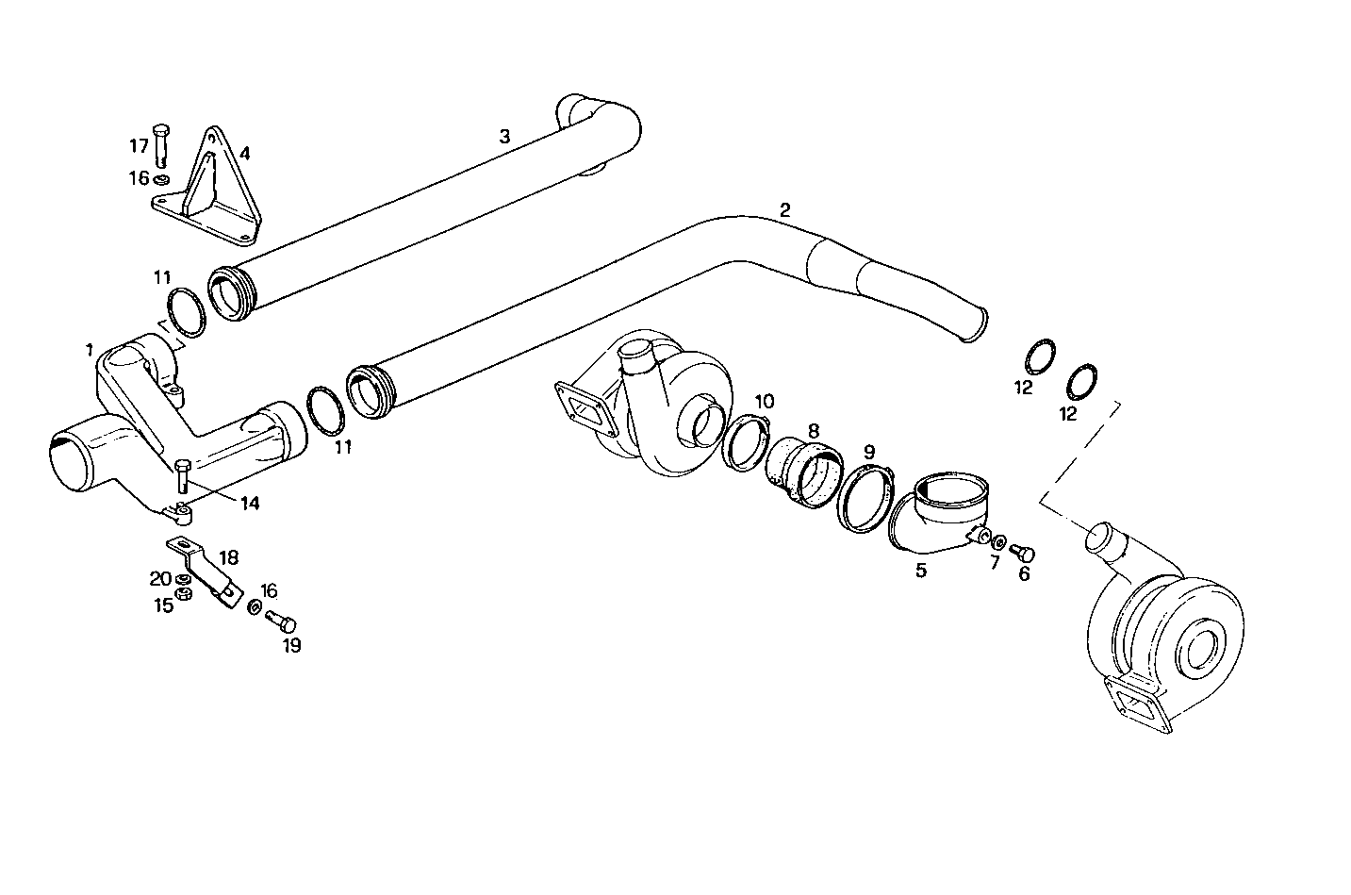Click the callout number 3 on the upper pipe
pos(504,137)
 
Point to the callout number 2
pos(784,209)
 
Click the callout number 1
pos(89,350)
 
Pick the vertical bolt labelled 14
pos(183,476)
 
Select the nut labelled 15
pos(186,594)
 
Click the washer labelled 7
pos(998,543)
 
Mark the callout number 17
pos(139,145)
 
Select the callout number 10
pos(764,401)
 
